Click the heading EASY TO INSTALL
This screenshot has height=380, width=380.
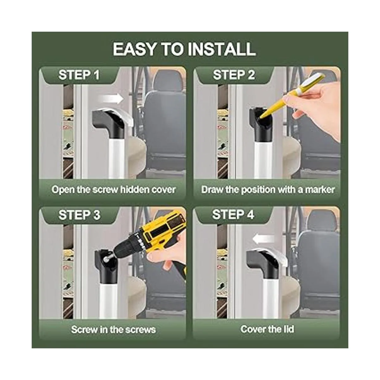click(x=184, y=49)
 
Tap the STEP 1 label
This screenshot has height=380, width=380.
click(x=79, y=75)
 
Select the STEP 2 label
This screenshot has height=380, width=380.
click(x=234, y=75)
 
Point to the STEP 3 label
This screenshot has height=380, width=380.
click(x=79, y=215)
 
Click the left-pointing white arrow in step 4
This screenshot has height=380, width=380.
click(x=264, y=239)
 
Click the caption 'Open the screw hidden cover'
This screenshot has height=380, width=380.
click(x=113, y=190)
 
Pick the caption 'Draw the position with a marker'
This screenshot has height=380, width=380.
click(x=268, y=190)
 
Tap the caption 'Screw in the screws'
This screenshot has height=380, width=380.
click(x=113, y=330)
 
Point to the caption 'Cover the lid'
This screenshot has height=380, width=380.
click(x=267, y=329)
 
